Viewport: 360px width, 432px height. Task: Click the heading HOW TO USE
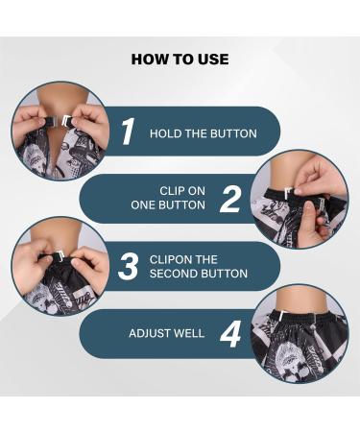pos(180,60)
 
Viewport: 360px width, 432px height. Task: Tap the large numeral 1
pos(128,132)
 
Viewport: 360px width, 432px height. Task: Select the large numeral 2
pos(230,199)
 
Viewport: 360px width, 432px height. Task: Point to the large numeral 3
pos(129,267)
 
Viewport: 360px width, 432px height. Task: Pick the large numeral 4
pos(230,334)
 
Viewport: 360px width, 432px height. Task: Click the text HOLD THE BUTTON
pos(204,133)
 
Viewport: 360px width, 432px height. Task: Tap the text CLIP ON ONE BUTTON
pos(168,198)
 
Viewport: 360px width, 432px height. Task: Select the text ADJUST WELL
pos(166,333)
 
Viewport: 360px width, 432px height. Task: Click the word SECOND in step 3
pos(174,274)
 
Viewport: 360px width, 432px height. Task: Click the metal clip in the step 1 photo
pos(66,121)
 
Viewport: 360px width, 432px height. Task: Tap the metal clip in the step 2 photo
pos(289,193)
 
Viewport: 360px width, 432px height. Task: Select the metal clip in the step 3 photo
pos(60,255)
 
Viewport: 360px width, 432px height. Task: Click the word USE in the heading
pos(214,60)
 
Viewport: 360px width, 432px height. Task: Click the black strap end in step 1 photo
pos(52,122)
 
